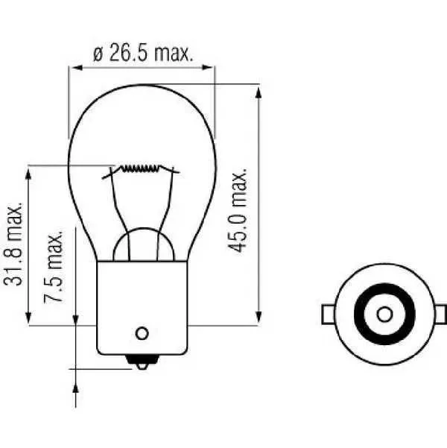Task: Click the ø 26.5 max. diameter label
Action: [143, 53]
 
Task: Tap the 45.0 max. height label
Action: [238, 210]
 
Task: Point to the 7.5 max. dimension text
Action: [54, 266]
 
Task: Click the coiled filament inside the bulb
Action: [139, 169]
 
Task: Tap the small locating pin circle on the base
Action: [142, 333]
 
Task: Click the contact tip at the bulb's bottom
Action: [142, 362]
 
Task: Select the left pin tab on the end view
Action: [329, 315]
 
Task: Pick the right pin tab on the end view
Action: [440, 315]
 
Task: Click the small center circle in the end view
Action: [384, 315]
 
